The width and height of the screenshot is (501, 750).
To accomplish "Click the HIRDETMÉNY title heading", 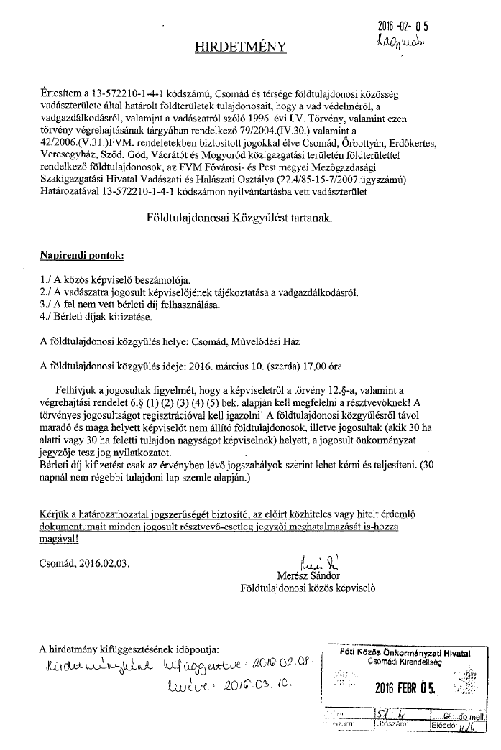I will click(x=241, y=47).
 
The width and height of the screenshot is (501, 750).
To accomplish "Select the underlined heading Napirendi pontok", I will click(x=82, y=256).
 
